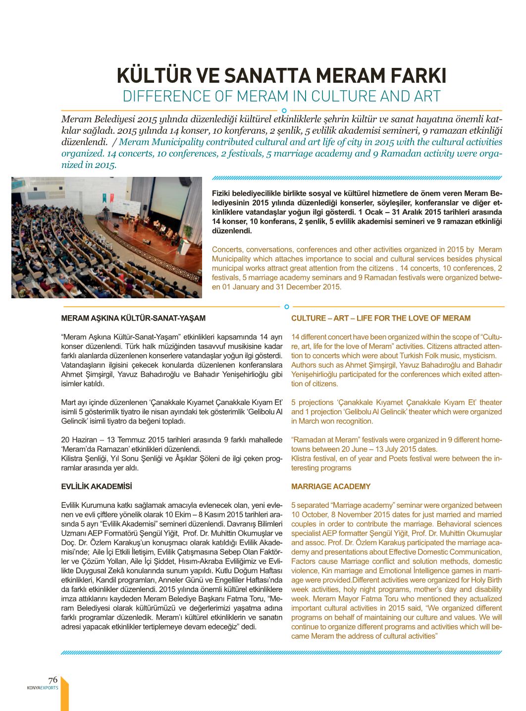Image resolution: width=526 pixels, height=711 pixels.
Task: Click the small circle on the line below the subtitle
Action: (x=284, y=110)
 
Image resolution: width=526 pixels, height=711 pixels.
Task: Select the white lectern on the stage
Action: (x=184, y=246)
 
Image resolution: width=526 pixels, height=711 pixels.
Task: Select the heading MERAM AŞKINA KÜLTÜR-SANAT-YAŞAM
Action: (x=133, y=318)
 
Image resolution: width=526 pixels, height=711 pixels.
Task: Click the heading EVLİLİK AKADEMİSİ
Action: (x=97, y=487)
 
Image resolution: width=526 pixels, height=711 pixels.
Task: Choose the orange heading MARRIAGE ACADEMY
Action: (x=330, y=487)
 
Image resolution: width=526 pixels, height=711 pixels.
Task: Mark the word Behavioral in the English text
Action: (x=451, y=524)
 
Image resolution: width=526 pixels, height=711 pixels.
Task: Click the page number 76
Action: (x=53, y=680)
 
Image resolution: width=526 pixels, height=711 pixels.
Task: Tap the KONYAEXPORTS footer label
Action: (x=43, y=688)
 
